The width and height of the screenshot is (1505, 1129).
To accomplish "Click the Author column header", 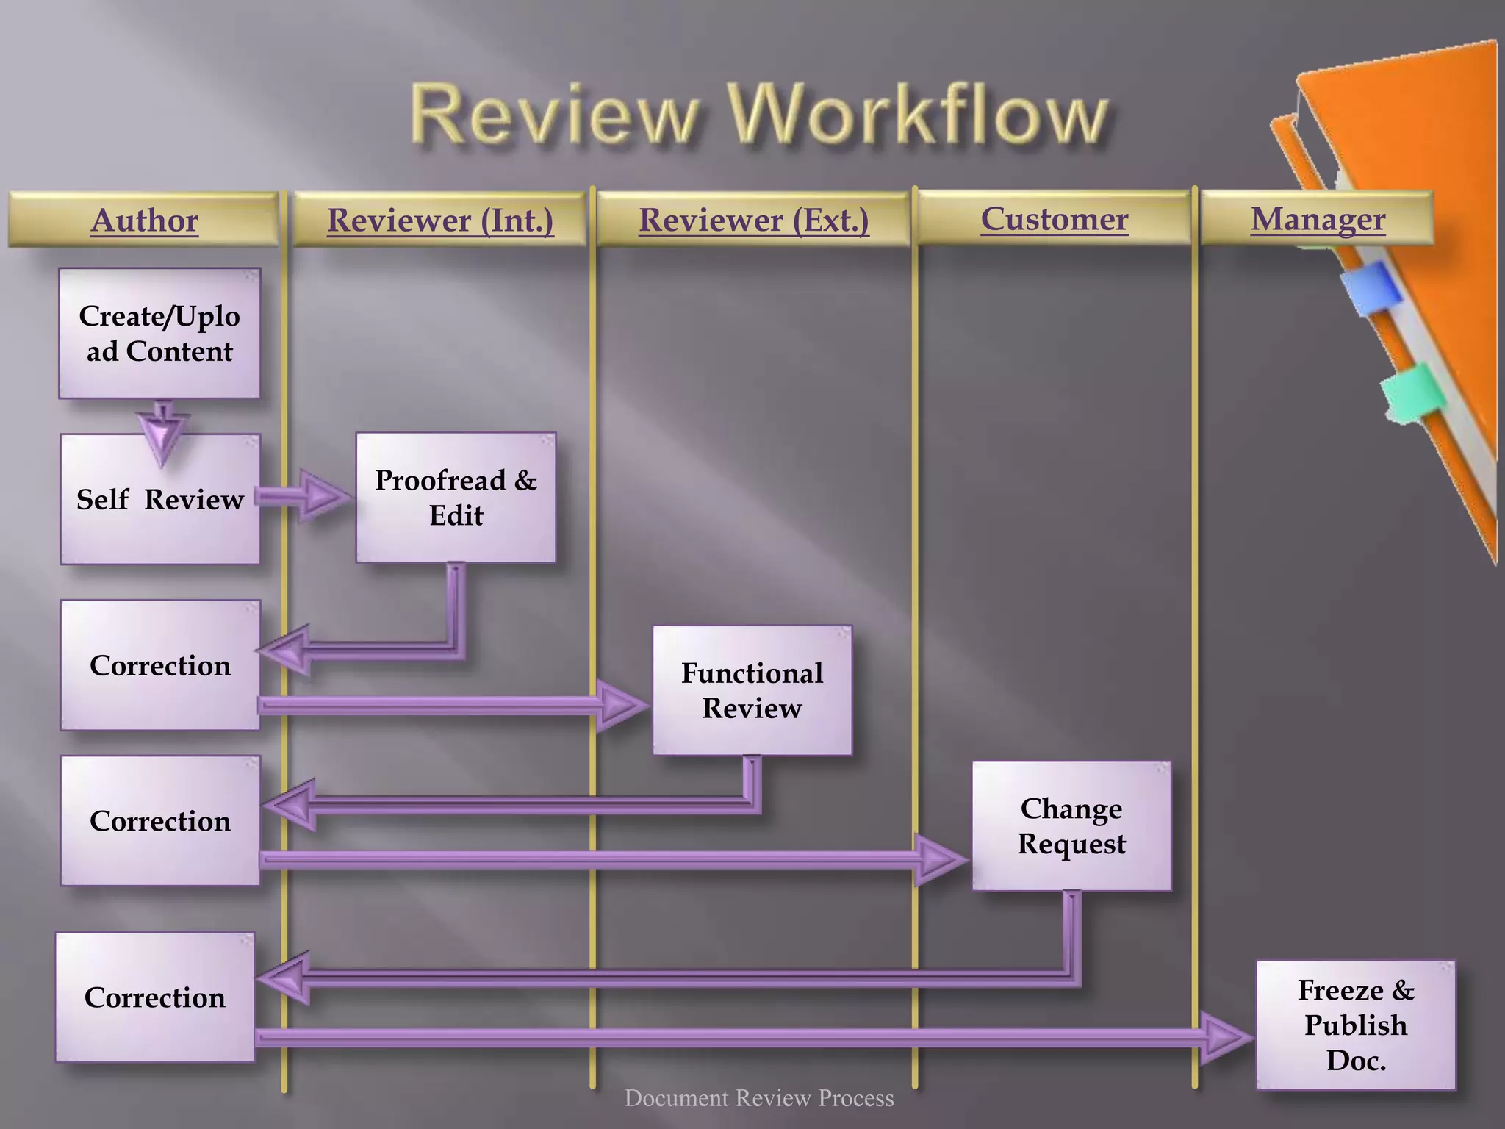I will tap(144, 220).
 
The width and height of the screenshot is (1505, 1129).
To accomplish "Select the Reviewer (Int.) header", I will tap(439, 220).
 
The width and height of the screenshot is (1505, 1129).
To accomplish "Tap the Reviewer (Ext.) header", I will tap(753, 220).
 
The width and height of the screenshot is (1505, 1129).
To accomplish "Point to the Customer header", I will tap(1054, 218).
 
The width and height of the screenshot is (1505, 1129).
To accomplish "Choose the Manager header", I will tap(1318, 218).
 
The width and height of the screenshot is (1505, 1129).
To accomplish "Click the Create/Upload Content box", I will tap(159, 333).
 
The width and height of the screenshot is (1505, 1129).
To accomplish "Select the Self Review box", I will tap(159, 499).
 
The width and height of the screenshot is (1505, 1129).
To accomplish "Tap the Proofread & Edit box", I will tap(456, 498).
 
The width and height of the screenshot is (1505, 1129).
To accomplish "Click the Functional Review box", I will tap(752, 690).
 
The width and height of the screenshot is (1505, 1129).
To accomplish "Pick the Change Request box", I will tap(1071, 825).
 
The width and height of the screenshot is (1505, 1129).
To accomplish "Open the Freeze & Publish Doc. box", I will tap(1355, 1025).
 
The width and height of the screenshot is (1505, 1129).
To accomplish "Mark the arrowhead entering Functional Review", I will tap(622, 706).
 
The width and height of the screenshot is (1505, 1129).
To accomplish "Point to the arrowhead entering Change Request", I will tap(941, 859).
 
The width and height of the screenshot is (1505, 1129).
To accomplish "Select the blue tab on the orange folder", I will tap(1371, 288).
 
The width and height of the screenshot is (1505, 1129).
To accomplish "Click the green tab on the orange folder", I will tap(1412, 393).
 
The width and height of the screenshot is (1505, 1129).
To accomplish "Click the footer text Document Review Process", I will tap(758, 1098).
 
